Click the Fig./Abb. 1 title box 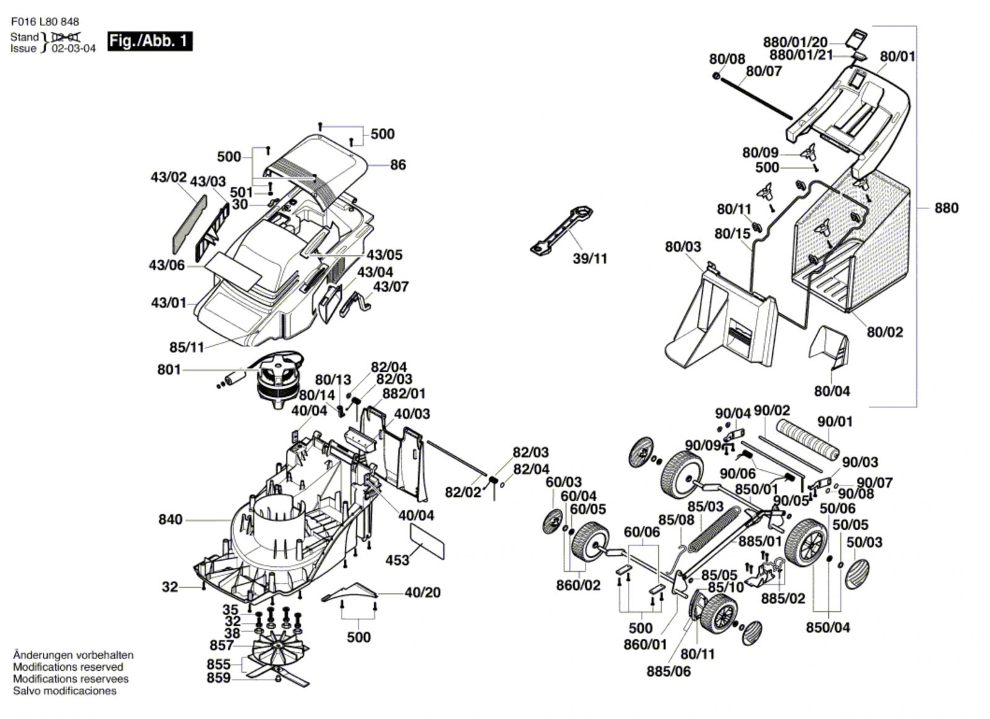pos(150,41)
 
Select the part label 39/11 pos(590,258)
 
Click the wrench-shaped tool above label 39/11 pos(562,229)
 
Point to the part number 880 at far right pos(946,208)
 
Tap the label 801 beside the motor pos(169,370)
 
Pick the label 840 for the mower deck pos(170,519)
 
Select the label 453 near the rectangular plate pos(397,560)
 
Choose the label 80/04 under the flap pos(832,391)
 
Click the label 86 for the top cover pos(398,165)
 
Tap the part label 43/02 pos(168,177)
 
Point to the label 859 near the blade pos(218,678)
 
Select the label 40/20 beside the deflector pos(423,592)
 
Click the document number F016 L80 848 pos(45,22)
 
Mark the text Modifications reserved pos(67,667)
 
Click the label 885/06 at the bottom pos(668,671)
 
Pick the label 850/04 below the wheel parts pos(828,628)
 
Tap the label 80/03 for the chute pos(683,247)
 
